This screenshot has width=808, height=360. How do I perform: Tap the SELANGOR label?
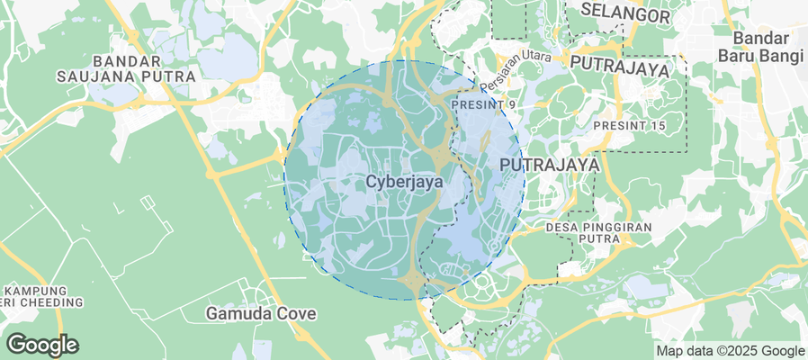tap(625, 14)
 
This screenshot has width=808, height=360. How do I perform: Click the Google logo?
tap(41, 344)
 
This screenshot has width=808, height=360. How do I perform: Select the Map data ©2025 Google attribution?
tap(730, 351)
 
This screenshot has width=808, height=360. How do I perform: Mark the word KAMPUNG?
tap(35, 291)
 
